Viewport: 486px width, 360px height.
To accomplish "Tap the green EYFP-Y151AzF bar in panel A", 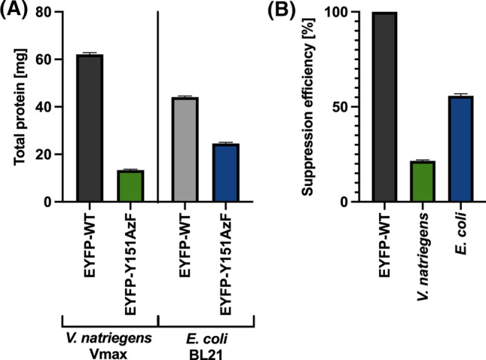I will coord(132,186).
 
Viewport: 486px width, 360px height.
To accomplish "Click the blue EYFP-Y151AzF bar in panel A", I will coord(225,172).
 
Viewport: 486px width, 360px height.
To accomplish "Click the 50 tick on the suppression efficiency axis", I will coord(344,107).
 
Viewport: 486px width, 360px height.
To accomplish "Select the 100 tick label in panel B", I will coord(341,12).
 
